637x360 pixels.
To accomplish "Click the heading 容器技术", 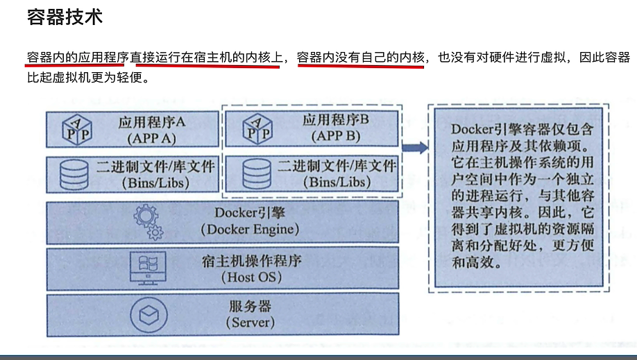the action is point(65,17).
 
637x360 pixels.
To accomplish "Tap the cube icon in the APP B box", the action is point(256,128).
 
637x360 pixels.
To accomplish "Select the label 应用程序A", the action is point(151,121).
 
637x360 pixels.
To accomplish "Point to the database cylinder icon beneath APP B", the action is point(254,173).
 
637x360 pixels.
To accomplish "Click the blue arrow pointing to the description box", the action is point(414,148).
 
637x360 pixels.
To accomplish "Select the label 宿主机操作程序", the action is point(252,262).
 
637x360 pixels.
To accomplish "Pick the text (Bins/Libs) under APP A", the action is point(151,182).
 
